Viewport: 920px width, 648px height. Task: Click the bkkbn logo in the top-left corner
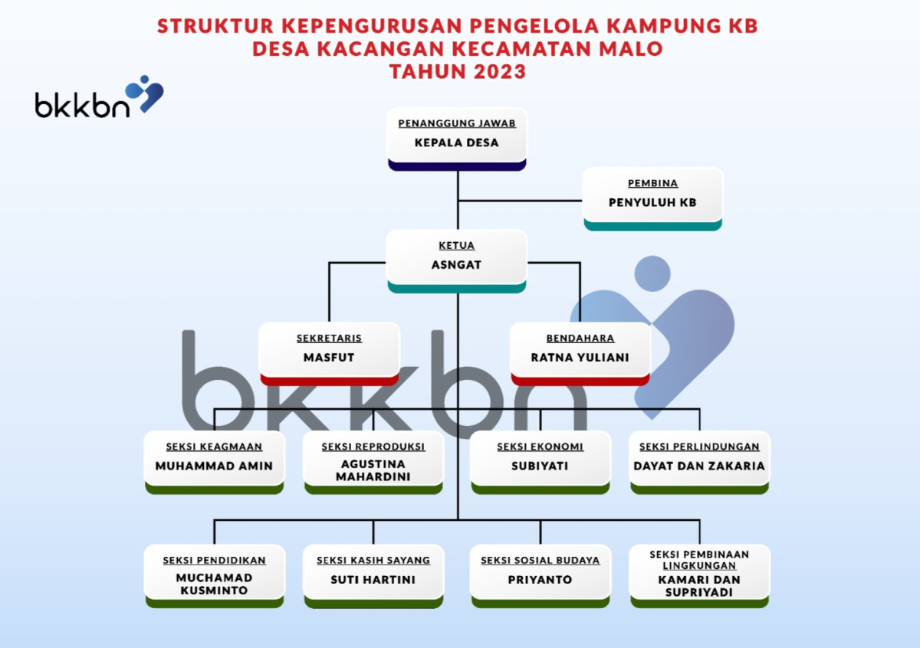point(98,98)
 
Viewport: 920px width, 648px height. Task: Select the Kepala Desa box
point(457,139)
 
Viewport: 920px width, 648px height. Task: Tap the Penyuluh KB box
point(652,199)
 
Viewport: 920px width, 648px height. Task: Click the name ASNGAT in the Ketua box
point(457,265)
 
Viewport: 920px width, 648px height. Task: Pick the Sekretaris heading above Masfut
point(329,338)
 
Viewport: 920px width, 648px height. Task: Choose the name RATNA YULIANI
point(580,357)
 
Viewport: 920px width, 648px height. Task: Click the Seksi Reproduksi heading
point(373,447)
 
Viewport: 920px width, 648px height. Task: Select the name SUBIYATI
point(540,465)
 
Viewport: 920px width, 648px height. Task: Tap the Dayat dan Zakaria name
point(699,465)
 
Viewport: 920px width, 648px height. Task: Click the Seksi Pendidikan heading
point(214,560)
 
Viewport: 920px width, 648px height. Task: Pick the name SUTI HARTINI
point(373,579)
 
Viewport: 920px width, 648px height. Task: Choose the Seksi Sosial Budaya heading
point(540,560)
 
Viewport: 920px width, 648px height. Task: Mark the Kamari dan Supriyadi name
point(699,586)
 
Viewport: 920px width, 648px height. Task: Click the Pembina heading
point(652,183)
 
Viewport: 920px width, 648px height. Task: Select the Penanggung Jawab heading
point(457,123)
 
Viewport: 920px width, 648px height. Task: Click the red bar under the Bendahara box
point(580,380)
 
